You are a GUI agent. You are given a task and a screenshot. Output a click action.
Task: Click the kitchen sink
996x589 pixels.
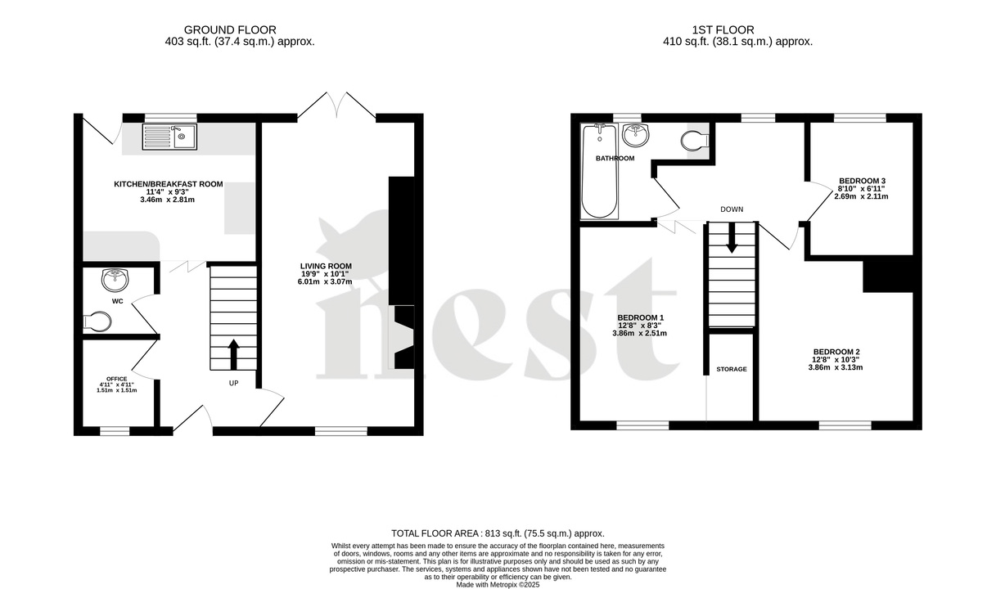tap(169, 136)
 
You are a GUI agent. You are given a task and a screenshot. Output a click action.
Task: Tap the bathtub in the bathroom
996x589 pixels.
tap(600, 173)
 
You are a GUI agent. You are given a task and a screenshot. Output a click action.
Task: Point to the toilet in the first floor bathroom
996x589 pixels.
tap(694, 141)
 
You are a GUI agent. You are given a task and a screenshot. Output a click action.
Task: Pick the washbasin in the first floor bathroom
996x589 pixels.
tap(634, 134)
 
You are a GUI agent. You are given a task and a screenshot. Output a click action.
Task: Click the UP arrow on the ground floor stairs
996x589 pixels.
tap(233, 354)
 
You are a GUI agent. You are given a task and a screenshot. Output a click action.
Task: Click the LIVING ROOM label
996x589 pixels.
tap(326, 266)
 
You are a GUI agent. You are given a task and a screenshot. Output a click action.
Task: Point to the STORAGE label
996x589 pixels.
tap(732, 369)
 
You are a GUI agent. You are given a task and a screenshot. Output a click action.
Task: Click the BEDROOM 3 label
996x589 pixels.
tap(862, 181)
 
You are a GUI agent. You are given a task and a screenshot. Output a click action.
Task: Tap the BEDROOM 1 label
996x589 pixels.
tap(640, 317)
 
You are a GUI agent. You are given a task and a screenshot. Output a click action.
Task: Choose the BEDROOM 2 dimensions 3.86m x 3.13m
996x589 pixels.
tap(836, 367)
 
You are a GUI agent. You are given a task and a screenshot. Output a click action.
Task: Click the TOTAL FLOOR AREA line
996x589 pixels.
tap(498, 533)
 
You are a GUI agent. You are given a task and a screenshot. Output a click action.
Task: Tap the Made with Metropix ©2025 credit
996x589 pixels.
tap(498, 584)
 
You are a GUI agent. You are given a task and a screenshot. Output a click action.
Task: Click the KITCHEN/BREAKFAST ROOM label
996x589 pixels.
tap(169, 184)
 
